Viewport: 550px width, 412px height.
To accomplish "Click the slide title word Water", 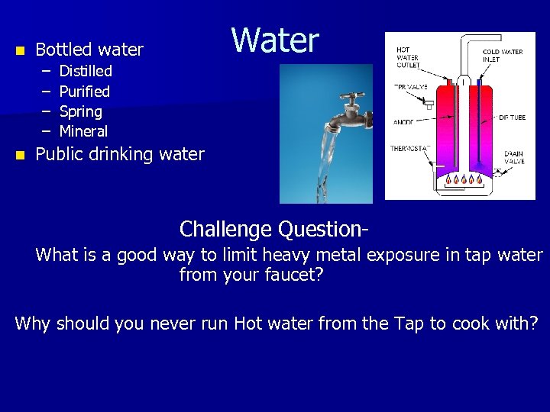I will pos(275,40).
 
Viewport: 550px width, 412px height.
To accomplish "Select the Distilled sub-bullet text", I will pos(86,71).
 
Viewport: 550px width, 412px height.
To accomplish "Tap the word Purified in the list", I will pos(85,92).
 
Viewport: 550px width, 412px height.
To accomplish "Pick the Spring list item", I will pos(80,111).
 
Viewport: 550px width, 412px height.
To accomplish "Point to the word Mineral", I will pos(83,131).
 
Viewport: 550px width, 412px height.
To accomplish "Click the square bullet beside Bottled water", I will pos(20,50).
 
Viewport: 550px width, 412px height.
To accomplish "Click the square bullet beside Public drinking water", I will pos(20,155).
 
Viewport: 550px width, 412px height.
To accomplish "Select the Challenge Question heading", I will pos(275,229).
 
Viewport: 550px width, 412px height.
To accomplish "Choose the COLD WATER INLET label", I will pos(502,56).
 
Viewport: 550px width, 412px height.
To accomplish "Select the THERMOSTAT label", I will pos(411,149).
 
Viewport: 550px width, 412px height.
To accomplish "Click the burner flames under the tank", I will pos(463,180).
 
